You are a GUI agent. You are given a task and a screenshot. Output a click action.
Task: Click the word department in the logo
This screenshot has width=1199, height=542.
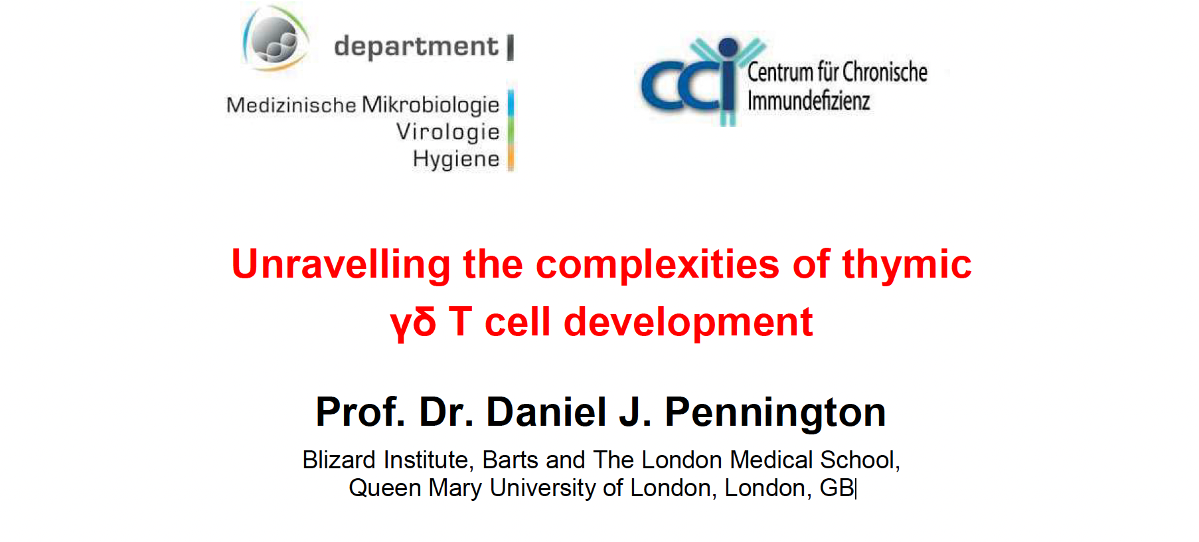tap(416, 47)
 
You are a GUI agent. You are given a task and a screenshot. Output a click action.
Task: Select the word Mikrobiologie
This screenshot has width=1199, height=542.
tap(431, 106)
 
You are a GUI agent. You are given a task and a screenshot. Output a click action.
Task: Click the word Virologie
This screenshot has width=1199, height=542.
tap(448, 132)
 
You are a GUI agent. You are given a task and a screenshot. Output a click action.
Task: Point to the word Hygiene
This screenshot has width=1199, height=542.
tap(456, 159)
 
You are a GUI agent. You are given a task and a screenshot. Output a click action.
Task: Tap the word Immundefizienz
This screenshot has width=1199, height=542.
tap(809, 101)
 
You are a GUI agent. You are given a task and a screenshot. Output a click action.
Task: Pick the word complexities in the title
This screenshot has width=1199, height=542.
tap(657, 264)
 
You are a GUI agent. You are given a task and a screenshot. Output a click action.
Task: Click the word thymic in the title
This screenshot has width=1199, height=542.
tap(907, 264)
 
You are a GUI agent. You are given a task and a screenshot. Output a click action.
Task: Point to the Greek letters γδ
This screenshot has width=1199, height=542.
tap(413, 323)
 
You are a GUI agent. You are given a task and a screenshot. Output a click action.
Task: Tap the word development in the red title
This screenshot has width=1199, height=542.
tap(688, 323)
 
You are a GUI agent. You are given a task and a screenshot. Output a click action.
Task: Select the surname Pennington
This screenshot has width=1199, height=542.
tap(775, 412)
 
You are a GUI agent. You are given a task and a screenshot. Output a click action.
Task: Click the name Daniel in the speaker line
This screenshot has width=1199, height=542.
tap(546, 412)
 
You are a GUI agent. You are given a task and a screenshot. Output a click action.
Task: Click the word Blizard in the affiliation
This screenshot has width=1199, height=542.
tap(339, 460)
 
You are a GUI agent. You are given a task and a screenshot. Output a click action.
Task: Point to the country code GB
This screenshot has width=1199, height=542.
tap(837, 488)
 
